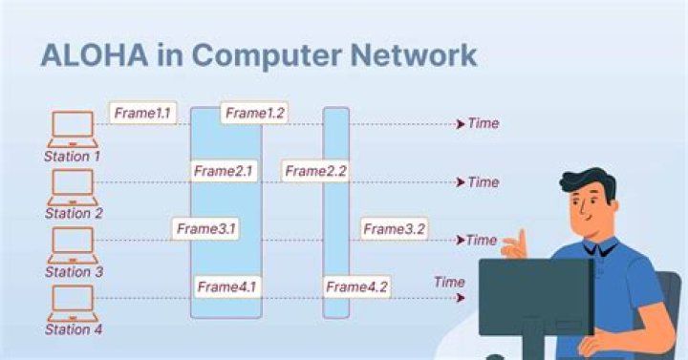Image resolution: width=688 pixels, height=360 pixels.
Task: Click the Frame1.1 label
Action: tap(142, 113)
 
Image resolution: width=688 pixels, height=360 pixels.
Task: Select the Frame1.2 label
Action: tap(254, 113)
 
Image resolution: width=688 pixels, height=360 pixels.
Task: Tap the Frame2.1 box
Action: tap(224, 171)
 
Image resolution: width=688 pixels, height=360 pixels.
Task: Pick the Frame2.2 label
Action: tap(315, 171)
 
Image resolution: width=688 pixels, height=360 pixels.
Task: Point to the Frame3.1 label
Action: tap(205, 228)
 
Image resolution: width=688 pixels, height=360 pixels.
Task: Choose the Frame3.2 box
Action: tap(394, 228)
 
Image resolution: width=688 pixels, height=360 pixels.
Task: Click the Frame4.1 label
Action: tap(226, 286)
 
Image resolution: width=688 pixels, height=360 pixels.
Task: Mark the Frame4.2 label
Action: tap(356, 286)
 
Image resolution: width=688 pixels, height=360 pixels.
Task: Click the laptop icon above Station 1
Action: tap(73, 129)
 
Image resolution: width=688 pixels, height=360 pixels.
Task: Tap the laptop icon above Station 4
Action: tap(73, 303)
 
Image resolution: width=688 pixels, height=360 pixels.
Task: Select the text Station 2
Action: tap(74, 213)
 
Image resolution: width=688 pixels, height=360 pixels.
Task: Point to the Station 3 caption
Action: tap(74, 271)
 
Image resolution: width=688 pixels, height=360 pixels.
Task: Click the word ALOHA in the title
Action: tap(95, 55)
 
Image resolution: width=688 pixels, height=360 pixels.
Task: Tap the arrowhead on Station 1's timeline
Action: tap(461, 124)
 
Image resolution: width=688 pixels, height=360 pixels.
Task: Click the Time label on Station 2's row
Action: tap(484, 181)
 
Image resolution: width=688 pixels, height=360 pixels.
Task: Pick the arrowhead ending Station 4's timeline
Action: tap(461, 298)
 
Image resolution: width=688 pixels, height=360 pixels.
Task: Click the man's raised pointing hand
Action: tap(515, 244)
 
